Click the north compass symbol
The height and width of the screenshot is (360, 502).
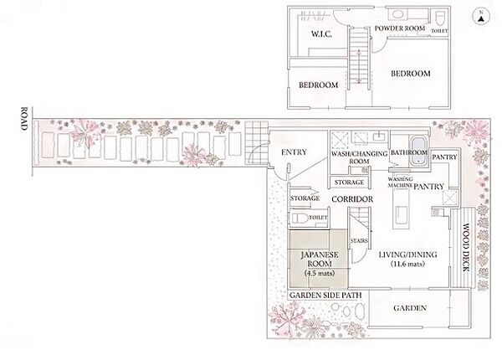481,17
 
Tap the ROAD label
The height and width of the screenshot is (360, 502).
24,119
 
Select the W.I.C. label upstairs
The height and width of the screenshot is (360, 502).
321,34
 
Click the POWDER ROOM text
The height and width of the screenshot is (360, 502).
400,28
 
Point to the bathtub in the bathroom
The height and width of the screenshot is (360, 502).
417,150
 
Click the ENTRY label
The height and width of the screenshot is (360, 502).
294,152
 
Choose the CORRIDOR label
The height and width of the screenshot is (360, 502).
352,199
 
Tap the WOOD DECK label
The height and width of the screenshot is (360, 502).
466,247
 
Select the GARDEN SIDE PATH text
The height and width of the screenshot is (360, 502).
325,295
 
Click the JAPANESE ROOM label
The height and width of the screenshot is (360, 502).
320,259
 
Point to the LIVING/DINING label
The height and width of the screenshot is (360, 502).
408,255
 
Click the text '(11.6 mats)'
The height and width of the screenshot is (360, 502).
408,264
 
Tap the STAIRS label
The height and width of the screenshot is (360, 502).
359,240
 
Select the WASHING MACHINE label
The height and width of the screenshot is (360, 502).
400,183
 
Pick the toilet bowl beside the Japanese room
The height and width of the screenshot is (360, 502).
299,218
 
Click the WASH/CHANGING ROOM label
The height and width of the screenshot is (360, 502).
359,157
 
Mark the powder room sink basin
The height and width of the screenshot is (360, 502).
397,14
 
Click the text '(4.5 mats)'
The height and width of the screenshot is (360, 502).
320,273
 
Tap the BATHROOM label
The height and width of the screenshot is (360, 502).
409,152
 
